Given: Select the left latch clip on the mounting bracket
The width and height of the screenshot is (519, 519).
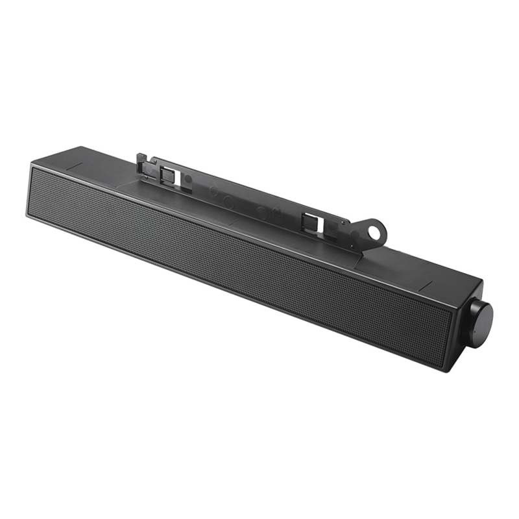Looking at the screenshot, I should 167,174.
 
